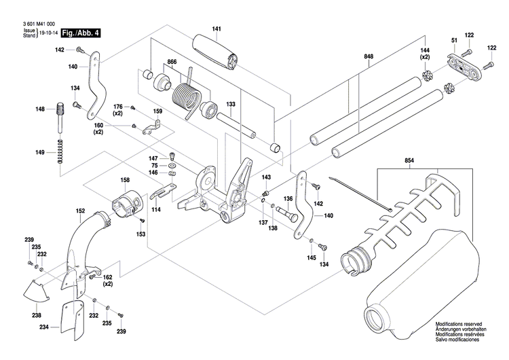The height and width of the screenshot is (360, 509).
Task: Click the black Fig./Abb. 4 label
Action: pyautogui.click(x=80, y=33)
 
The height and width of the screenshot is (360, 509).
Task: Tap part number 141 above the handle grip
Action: pyautogui.click(x=216, y=29)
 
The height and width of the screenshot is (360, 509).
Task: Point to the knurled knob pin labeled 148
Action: pyautogui.click(x=60, y=112)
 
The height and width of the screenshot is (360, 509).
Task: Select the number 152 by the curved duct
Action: pyautogui.click(x=80, y=211)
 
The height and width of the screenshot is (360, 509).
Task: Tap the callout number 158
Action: pyautogui.click(x=125, y=180)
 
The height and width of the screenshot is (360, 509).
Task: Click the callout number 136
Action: pyautogui.click(x=288, y=198)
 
